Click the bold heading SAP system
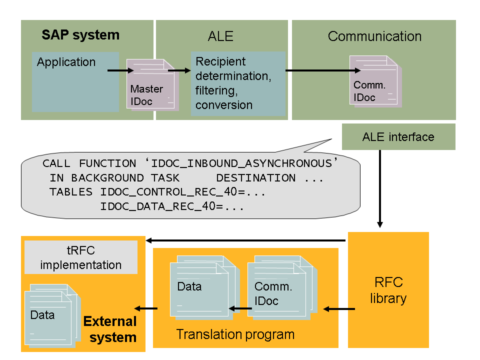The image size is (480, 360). (80, 35)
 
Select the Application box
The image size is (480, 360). (75, 82)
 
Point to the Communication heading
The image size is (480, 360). (374, 36)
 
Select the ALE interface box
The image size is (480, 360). (398, 137)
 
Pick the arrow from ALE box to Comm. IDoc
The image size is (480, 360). (320, 70)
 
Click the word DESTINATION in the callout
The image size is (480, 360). (255, 178)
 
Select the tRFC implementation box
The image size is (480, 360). (81, 257)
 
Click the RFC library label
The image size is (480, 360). (388, 290)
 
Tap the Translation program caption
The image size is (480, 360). (235, 334)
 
